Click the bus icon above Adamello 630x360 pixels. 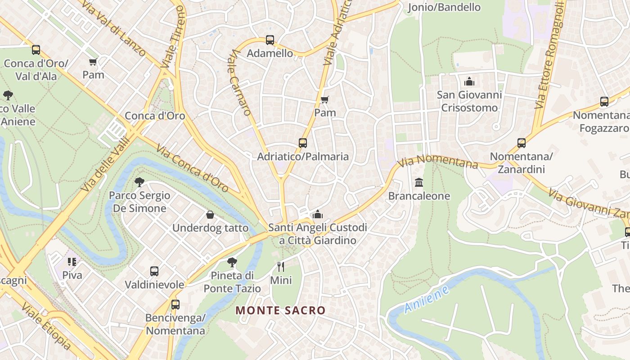point(270,40)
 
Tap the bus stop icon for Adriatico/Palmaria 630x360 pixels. point(303,143)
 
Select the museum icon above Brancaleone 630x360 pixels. point(419,182)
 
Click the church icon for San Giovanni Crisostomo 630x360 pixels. point(469,81)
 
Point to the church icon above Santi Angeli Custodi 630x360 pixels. point(318,214)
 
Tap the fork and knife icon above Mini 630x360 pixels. point(281,267)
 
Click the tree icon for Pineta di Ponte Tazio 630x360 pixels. point(232,262)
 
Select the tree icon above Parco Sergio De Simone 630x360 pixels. point(139,182)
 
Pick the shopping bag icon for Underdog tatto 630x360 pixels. point(210,215)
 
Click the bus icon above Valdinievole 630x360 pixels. point(154,271)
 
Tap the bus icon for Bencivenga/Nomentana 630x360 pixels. point(175,305)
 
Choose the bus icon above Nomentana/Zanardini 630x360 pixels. point(521,143)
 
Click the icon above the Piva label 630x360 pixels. point(72,261)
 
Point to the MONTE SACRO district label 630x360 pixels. point(280,310)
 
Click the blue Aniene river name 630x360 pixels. point(426,299)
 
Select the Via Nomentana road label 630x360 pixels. point(438,161)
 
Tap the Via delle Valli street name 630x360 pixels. point(105,164)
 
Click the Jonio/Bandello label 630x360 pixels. point(444,7)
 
